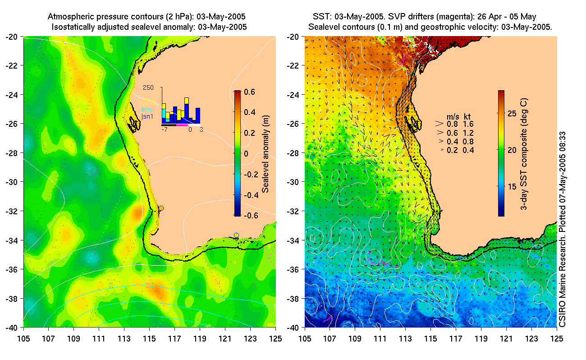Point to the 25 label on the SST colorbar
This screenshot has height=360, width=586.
(x=512, y=114)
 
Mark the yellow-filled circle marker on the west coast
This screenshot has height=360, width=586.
(x=161, y=208)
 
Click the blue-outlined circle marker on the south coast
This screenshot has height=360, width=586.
(x=236, y=235)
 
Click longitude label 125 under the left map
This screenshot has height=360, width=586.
(x=275, y=337)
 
